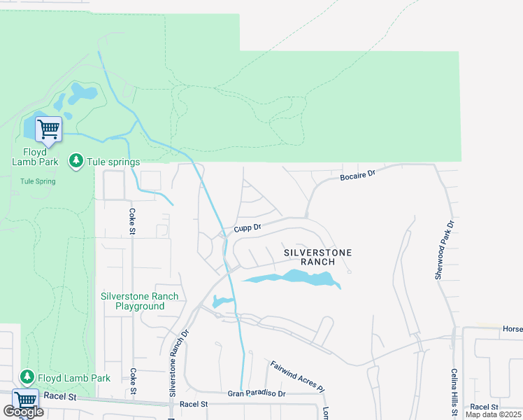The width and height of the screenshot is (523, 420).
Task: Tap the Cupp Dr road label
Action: pyautogui.click(x=248, y=227)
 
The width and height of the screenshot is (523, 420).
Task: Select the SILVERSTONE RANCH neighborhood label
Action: pyautogui.click(x=317, y=257)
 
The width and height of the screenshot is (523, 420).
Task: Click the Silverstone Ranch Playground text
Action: pyautogui.click(x=140, y=301)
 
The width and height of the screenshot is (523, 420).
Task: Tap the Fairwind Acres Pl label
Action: pyautogui.click(x=298, y=375)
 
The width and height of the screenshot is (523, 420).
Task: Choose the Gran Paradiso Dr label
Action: pyautogui.click(x=257, y=394)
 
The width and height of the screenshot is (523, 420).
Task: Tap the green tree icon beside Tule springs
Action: pyautogui.click(x=76, y=162)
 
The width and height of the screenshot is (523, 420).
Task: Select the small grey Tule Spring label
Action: pyautogui.click(x=38, y=181)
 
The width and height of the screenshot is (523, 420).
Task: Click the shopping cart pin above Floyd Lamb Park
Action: pyautogui.click(x=48, y=129)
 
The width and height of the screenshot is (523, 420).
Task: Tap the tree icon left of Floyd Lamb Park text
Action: pyautogui.click(x=27, y=378)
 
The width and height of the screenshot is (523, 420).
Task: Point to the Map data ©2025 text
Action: pyautogui.click(x=492, y=414)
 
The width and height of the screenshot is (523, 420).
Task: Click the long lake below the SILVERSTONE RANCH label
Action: pyautogui.click(x=294, y=279)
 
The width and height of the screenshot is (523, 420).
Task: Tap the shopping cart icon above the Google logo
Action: pyautogui.click(x=25, y=400)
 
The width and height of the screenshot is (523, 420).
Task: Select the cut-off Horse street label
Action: pyautogui.click(x=513, y=328)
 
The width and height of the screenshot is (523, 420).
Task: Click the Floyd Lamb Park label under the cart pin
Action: pyautogui.click(x=29, y=157)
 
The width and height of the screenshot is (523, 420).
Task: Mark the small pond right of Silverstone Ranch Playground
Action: pyautogui.click(x=221, y=302)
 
